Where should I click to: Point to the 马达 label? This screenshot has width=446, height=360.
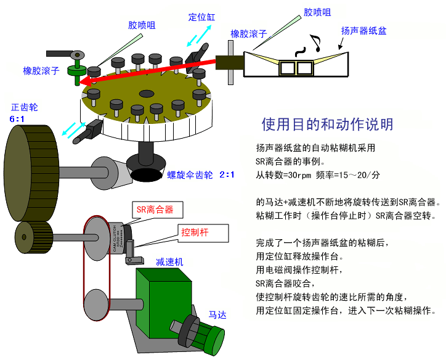coord(217,315)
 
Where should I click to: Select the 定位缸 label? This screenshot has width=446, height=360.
coord(201,17)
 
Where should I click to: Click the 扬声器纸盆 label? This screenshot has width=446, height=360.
coord(364,30)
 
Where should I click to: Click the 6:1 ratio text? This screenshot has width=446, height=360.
coord(18,118)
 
